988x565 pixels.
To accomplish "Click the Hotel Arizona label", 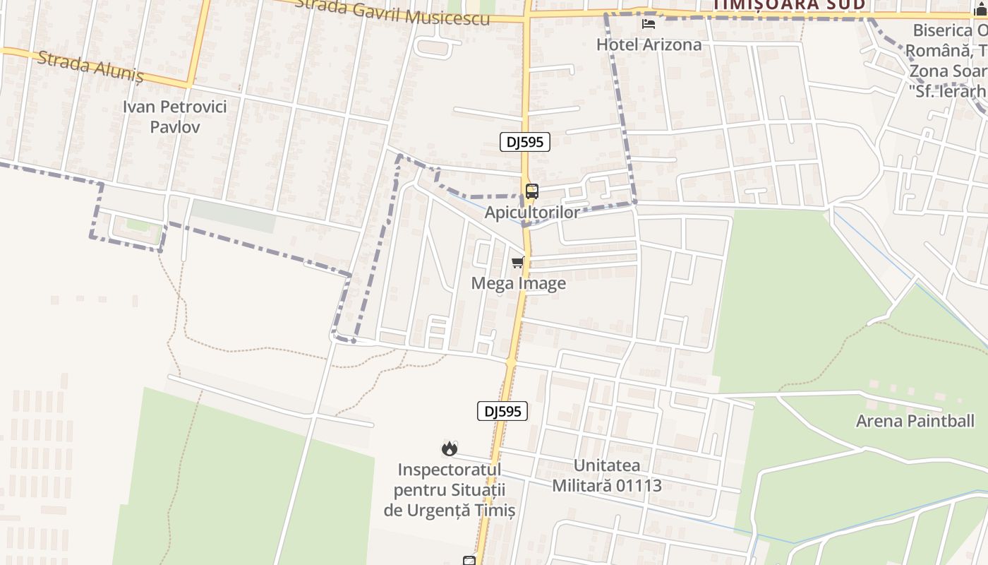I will [649, 44].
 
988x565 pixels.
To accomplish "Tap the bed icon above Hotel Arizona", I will [649, 24].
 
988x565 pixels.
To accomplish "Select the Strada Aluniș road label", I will [90, 66].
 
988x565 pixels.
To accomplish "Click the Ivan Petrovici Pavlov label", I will [174, 117].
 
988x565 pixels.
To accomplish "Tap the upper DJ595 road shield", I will [525, 142].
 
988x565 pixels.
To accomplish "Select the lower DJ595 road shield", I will [502, 411].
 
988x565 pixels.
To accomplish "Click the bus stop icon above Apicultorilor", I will [532, 191].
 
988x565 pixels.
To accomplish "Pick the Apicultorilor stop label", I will [532, 212].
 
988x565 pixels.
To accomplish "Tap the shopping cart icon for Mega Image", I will [518, 263].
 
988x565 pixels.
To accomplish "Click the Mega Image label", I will [518, 283].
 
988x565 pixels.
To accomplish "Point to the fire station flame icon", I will [449, 448].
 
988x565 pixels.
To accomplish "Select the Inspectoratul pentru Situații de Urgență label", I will [450, 489].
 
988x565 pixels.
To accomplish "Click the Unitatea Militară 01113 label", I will [607, 475].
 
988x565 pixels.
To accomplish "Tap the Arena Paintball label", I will [915, 421].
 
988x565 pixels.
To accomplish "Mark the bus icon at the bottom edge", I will [469, 561].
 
